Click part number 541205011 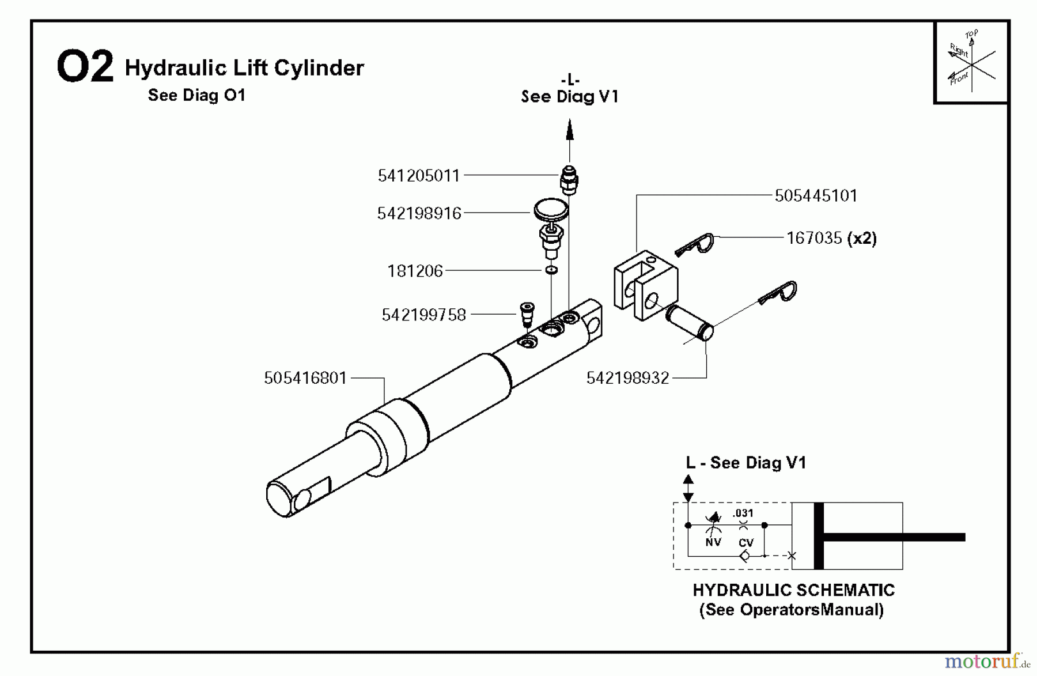tap(419, 176)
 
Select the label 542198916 tap(419, 214)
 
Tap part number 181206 tap(415, 271)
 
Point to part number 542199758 tap(423, 315)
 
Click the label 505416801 tap(305, 378)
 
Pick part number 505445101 tap(816, 196)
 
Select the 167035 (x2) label tap(831, 238)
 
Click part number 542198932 tap(627, 378)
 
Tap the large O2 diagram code tap(85, 67)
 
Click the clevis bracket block tap(645, 285)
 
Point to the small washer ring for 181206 tap(551, 270)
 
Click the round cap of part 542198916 tap(551, 209)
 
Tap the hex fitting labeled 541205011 tap(569, 180)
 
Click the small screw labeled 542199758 tap(527, 314)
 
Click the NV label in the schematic tap(713, 542)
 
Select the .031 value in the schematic tap(743, 513)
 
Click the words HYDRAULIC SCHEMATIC tap(793, 590)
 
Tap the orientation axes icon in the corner tap(971, 62)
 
